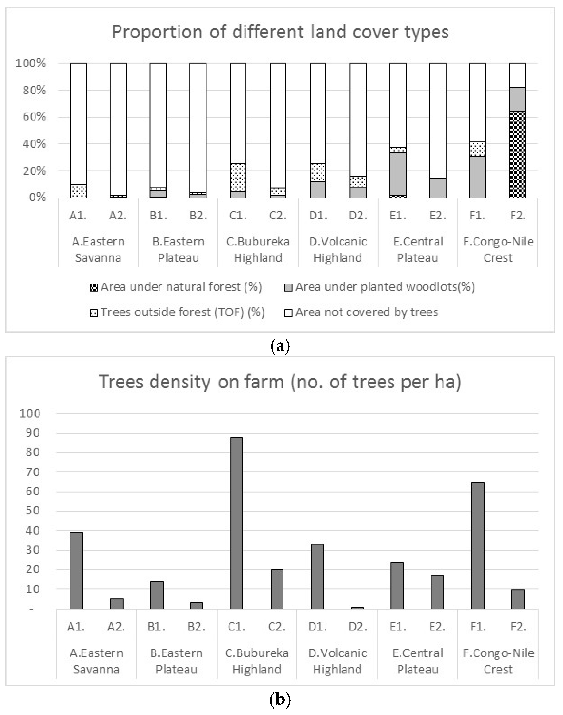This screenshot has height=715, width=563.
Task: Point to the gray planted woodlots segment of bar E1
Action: coord(398,174)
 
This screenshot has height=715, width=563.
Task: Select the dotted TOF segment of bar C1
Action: coord(238,177)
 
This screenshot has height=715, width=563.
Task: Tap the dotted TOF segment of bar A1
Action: coord(78,191)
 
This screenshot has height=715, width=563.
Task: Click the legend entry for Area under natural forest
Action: coord(176,287)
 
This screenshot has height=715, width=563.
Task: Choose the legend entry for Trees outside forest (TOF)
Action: coord(177,312)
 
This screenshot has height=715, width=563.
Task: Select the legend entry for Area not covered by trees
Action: coord(362,312)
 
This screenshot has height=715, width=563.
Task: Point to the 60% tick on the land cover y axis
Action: coord(34,117)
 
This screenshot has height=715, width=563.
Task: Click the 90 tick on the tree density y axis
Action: coord(30,433)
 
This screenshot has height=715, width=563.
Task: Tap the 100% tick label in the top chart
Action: coord(31,63)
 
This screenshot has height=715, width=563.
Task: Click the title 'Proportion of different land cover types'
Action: coord(280,32)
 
